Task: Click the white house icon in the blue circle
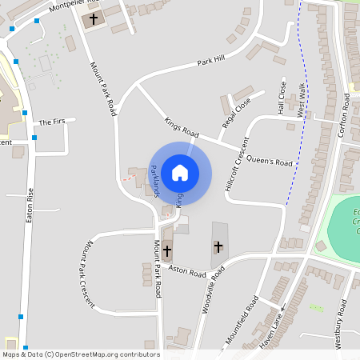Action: (x=180, y=172)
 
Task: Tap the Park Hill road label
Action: (x=211, y=62)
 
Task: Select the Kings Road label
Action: (x=181, y=127)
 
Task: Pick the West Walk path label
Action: (x=302, y=101)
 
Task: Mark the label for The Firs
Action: (x=51, y=122)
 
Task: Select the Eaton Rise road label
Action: (x=30, y=204)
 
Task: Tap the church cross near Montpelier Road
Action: (x=94, y=18)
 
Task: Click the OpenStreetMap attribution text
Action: (x=82, y=354)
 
